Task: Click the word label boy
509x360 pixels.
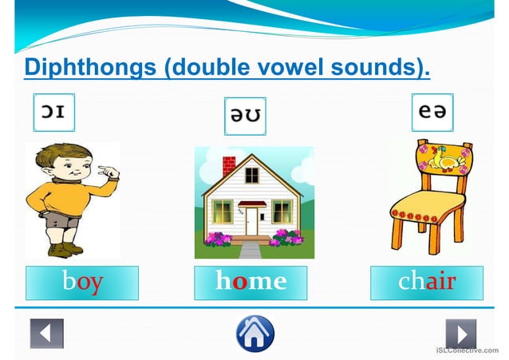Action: coord(82,283)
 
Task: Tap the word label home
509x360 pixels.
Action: coord(251,283)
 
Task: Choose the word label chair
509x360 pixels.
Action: coord(427,283)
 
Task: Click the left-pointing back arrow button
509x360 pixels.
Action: coord(46,333)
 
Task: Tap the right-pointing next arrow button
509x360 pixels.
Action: coord(460,333)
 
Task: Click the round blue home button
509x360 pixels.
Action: coord(254,333)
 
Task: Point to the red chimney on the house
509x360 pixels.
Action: coord(229,166)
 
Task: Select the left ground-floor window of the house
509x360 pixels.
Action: coord(223,212)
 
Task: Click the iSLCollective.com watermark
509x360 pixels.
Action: coord(472,350)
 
